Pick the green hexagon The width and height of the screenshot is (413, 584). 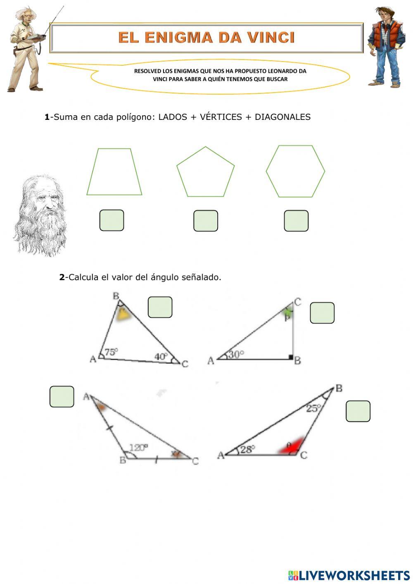295,172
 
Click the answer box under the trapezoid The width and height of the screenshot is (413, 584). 112,220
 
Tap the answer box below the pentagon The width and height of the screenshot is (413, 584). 206,221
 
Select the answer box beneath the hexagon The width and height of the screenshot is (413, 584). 296,221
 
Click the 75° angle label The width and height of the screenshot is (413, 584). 111,352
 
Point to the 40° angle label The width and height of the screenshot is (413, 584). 161,356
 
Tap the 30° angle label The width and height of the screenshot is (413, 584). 236,354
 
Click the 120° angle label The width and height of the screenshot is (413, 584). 138,448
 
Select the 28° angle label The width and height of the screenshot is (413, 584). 248,449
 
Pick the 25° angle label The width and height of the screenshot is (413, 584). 314,408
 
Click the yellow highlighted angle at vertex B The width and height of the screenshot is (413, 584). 123,315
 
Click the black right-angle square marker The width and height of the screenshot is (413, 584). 291,357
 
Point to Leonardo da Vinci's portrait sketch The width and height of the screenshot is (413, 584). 40,215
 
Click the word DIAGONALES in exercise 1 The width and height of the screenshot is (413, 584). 282,117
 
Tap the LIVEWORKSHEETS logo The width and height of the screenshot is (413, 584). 349,575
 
